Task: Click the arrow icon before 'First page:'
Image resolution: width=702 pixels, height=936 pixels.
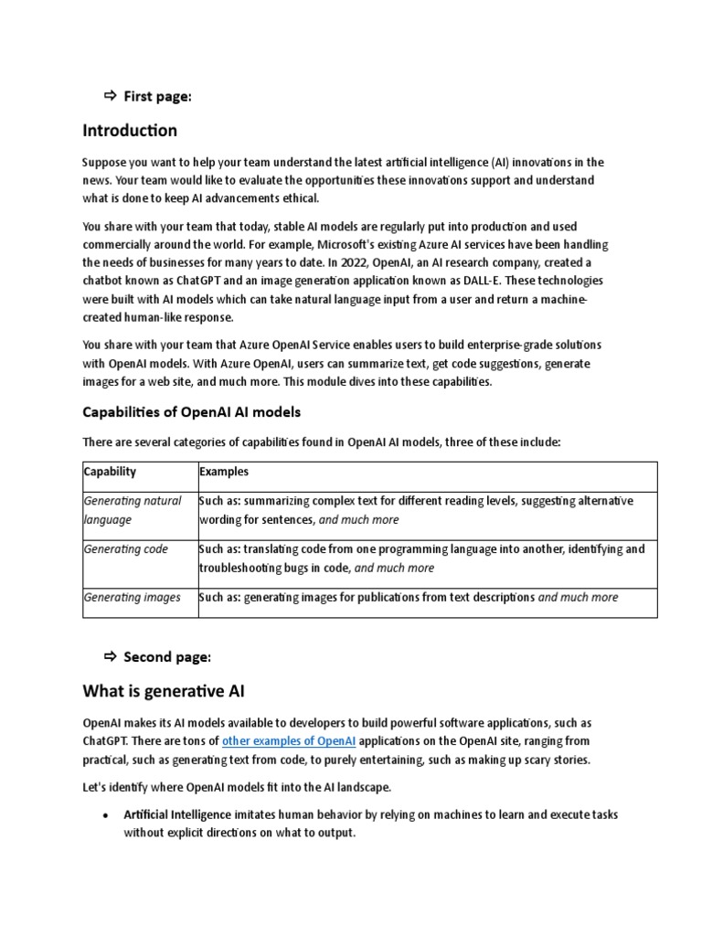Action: tap(110, 96)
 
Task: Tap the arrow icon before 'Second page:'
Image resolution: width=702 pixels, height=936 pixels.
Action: tap(110, 656)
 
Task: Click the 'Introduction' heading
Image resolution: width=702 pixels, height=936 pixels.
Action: tap(130, 130)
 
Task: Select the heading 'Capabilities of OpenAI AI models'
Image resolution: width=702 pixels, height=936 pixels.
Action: tap(191, 411)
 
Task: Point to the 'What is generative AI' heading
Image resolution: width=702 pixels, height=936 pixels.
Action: tap(164, 690)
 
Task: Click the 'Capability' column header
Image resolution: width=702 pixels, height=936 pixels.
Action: tap(110, 472)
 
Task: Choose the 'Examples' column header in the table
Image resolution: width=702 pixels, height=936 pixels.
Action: tap(224, 472)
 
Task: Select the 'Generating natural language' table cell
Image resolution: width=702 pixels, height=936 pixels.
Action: tap(133, 510)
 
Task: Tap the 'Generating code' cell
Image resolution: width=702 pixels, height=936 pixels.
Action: tap(125, 549)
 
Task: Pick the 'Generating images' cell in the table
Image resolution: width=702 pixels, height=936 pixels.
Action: tap(132, 597)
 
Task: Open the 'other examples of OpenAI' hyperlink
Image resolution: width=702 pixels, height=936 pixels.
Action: tap(289, 740)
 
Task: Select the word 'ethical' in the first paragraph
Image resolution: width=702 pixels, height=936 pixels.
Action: tap(298, 198)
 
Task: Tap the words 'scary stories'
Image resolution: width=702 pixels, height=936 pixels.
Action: tap(556, 760)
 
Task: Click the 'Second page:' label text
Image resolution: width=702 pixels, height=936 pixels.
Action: tap(167, 656)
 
